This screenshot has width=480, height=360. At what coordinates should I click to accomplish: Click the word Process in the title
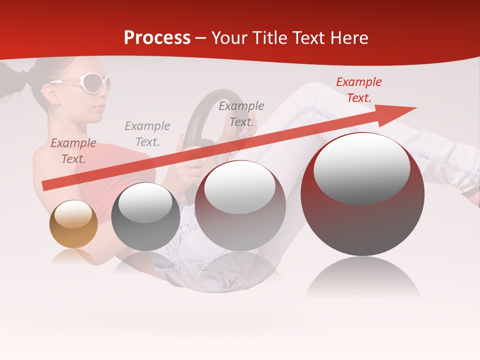157,38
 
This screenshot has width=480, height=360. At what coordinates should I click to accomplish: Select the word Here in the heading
348,38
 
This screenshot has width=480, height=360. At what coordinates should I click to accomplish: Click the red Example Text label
358,90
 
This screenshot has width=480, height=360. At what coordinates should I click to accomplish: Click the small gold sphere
73,224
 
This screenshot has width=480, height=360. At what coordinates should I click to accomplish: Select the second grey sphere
145,216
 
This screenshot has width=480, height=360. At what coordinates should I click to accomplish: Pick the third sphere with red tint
240,205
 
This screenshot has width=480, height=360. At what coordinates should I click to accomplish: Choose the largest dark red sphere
362,194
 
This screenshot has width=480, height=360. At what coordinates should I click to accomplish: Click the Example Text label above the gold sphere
73,151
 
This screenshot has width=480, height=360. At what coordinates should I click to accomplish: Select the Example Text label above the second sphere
147,134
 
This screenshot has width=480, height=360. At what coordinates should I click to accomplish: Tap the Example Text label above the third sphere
241,113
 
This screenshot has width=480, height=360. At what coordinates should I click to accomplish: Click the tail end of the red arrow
45,186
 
